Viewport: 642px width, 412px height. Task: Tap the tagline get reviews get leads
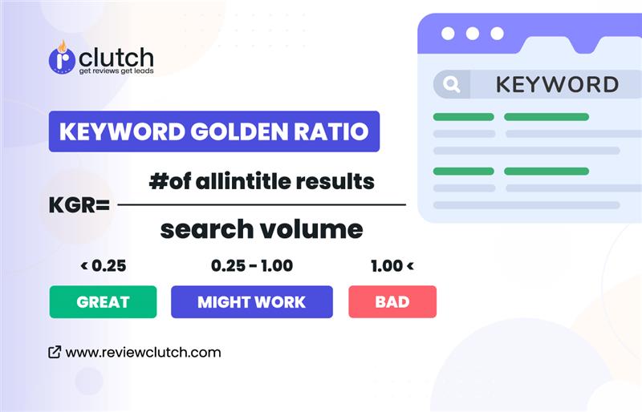[x=116, y=71]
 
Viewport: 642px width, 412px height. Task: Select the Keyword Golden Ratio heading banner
[x=213, y=131]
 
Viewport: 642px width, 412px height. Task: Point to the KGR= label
[x=79, y=205]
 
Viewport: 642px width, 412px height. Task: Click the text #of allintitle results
[x=262, y=181]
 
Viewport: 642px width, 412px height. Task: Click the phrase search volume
[x=262, y=229]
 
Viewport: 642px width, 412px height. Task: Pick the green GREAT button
[x=103, y=302]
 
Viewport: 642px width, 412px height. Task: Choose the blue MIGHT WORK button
[x=251, y=302]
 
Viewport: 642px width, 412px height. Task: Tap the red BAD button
[x=392, y=302]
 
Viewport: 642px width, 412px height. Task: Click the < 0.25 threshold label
[x=104, y=265]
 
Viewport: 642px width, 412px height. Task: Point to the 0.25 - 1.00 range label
[x=252, y=265]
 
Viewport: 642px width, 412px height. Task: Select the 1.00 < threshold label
[x=392, y=265]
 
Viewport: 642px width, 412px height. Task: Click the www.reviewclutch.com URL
[x=143, y=352]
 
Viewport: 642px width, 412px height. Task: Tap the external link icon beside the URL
[x=55, y=352]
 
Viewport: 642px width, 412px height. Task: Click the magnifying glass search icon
[x=451, y=84]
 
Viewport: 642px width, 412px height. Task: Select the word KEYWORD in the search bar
[x=557, y=84]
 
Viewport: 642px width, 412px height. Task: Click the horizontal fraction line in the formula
[x=262, y=205]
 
